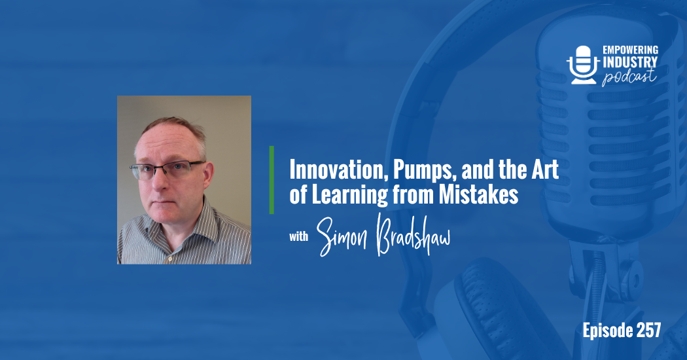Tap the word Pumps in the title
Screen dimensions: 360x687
[x=400, y=171]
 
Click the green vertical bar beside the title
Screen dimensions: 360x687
[x=272, y=180]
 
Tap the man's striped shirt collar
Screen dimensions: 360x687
[x=196, y=219]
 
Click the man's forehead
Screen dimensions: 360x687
[x=164, y=141]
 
